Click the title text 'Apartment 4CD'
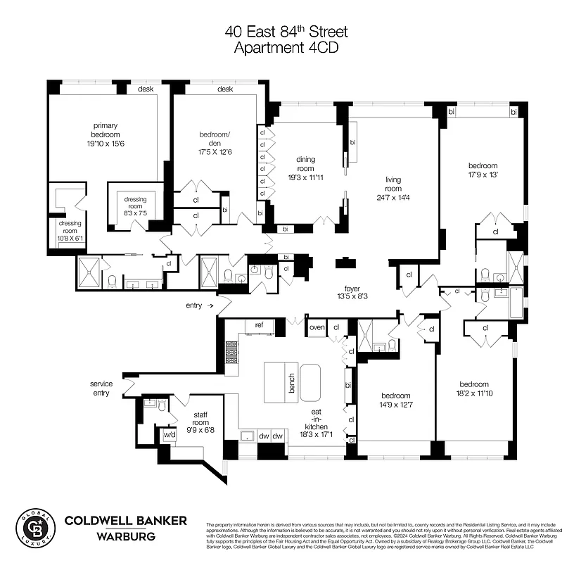pos(286,48)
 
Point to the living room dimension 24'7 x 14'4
pos(393,197)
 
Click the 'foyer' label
pos(352,289)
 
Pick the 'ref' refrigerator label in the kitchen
pos(259,324)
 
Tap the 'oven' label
pos(317,327)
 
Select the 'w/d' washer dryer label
pos(170,434)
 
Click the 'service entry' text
pos(101,388)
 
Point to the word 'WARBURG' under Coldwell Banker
pos(126,536)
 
